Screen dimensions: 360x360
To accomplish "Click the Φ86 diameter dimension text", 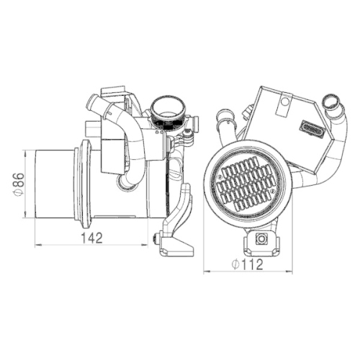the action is coord(19,184).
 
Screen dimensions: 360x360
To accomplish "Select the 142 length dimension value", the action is coord(92,238).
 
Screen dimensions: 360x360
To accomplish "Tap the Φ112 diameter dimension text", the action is coord(248,264).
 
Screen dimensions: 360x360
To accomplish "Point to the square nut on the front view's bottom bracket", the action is coord(261,238).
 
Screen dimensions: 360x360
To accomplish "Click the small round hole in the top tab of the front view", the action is coord(285,102).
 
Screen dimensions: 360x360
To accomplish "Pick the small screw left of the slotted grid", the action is coord(220,176).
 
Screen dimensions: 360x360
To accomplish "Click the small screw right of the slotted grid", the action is coord(272,190).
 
